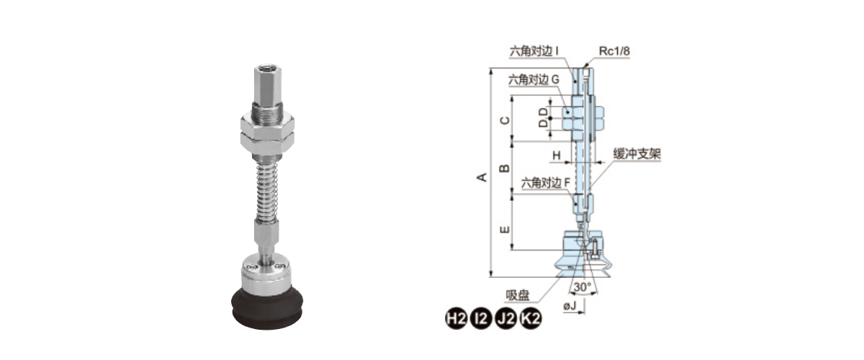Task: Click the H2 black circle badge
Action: (x=456, y=318)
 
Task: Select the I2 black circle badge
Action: (x=481, y=318)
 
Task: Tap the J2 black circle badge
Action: (x=505, y=318)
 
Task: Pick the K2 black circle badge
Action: (x=531, y=318)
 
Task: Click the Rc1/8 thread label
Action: (x=614, y=51)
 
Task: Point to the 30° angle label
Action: (x=582, y=287)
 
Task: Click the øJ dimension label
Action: (x=570, y=306)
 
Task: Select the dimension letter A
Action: (x=482, y=177)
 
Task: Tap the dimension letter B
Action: (x=505, y=168)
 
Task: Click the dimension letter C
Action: (x=505, y=120)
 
